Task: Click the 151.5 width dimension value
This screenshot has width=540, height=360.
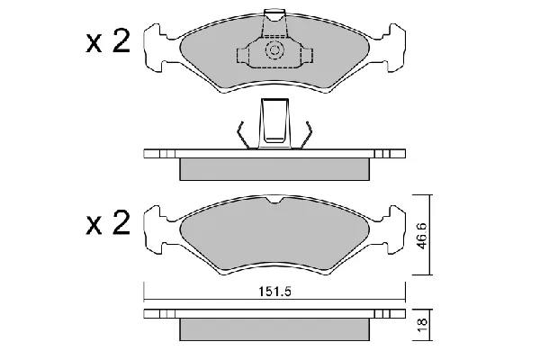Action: point(274,292)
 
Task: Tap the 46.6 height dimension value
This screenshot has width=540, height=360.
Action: point(422,236)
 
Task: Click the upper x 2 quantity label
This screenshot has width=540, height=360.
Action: point(108,41)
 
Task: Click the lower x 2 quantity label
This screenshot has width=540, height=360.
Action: point(108,223)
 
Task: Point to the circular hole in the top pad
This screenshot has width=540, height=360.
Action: point(274,50)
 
